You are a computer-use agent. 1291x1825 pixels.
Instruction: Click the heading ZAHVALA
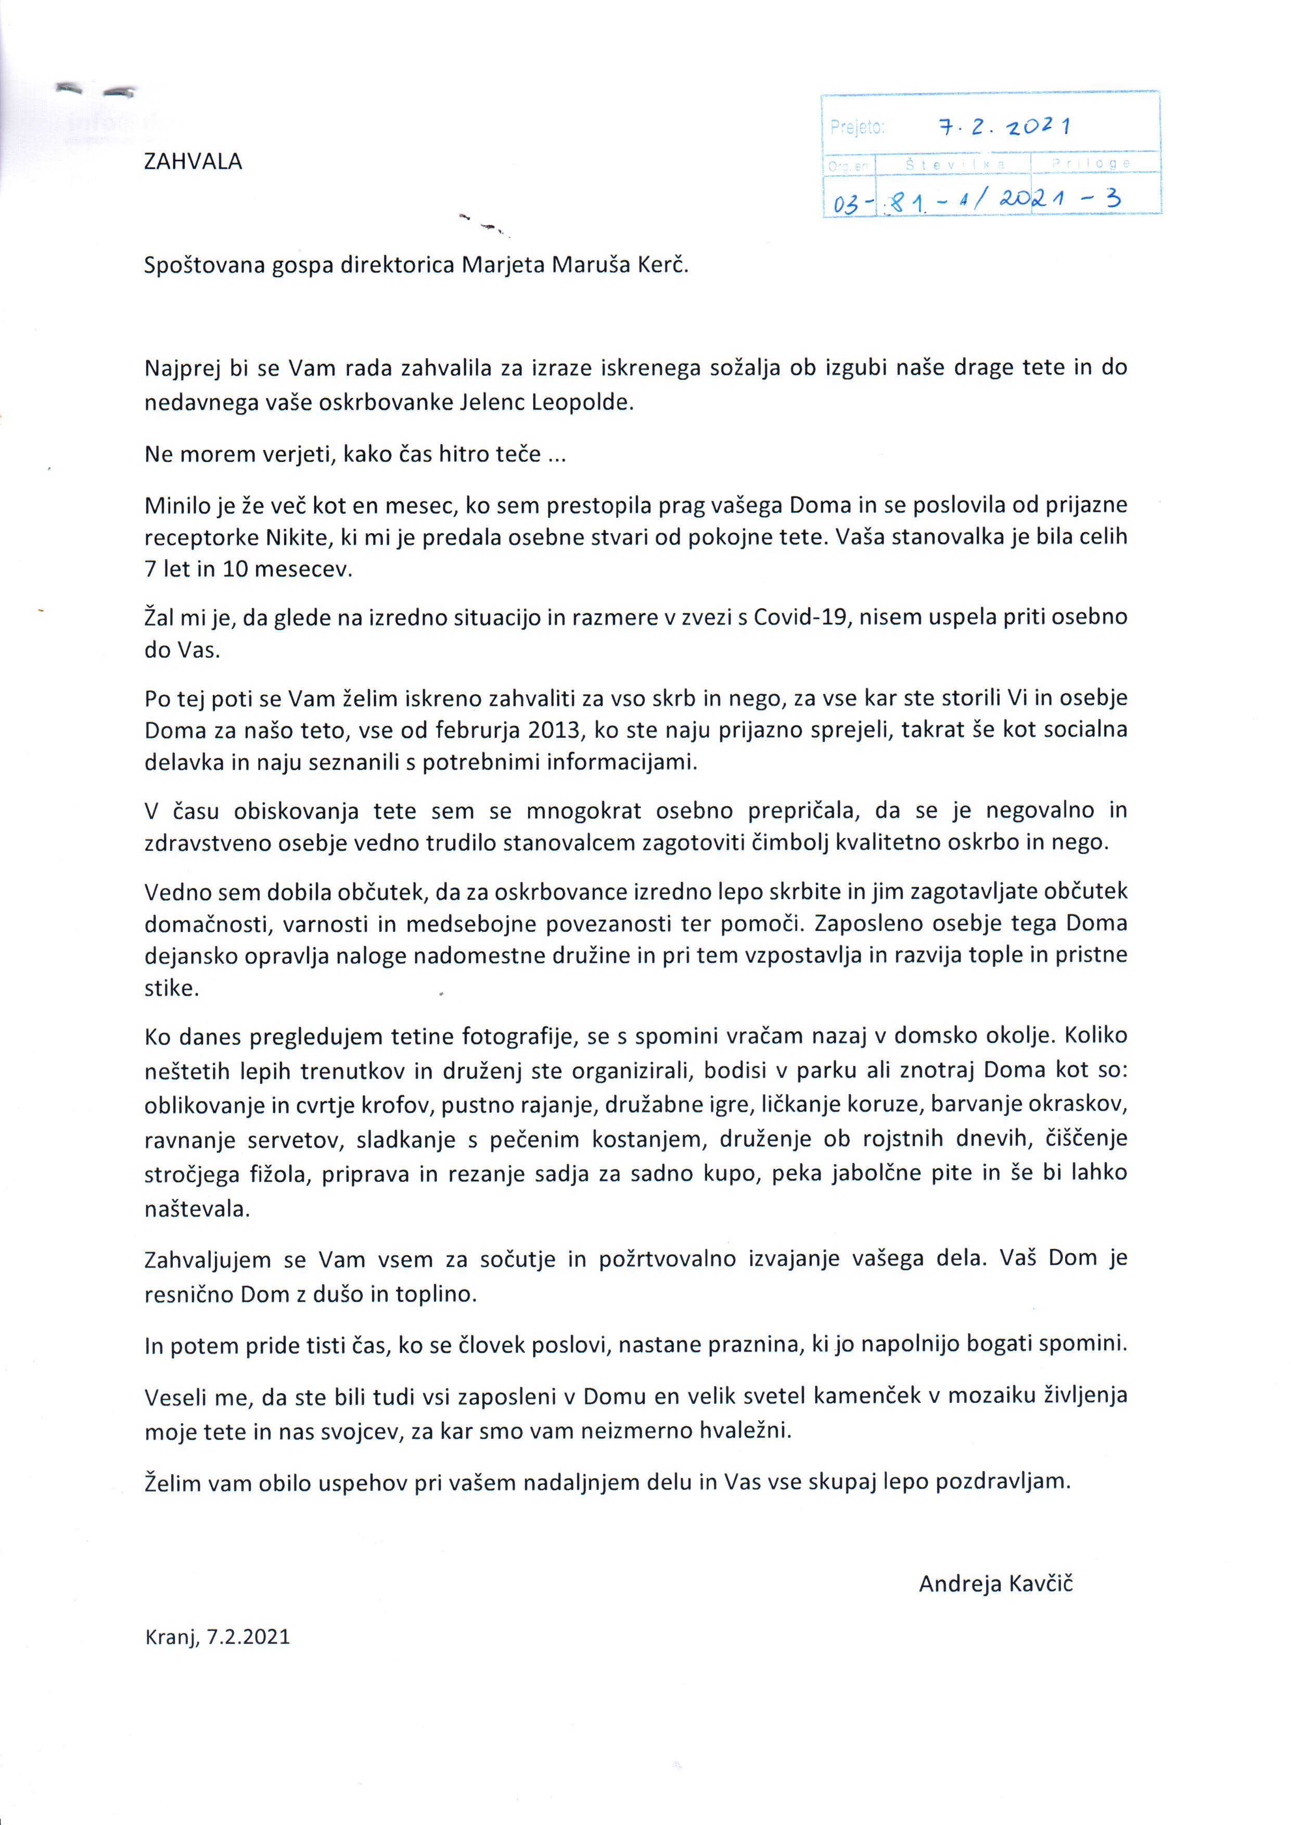tap(193, 162)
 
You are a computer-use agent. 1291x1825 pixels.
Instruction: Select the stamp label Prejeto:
tap(857, 127)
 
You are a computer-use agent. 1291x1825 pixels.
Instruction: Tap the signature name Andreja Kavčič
tap(995, 1584)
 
